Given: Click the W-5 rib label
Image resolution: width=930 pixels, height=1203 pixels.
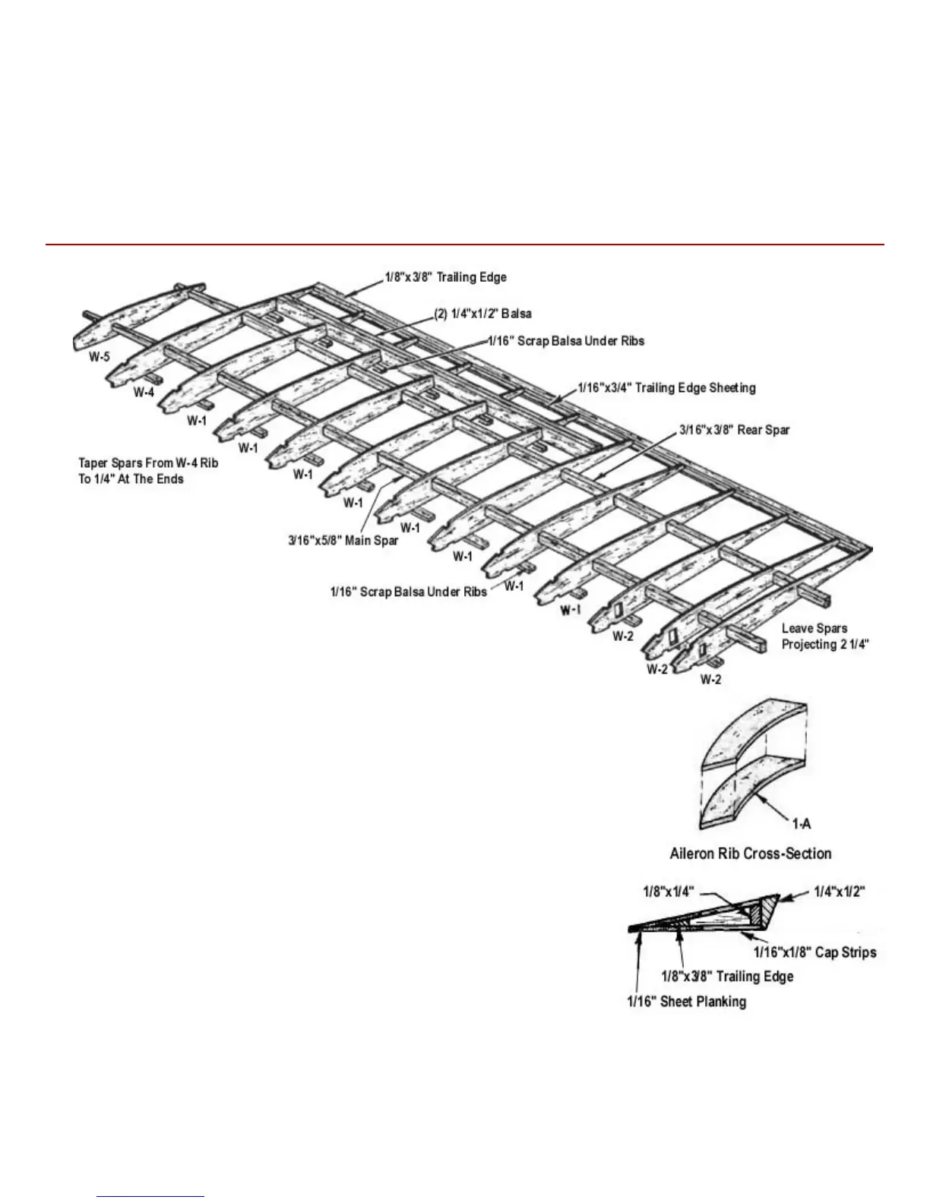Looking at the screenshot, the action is click(x=99, y=356).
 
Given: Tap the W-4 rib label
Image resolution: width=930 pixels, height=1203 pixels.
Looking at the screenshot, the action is click(x=144, y=392).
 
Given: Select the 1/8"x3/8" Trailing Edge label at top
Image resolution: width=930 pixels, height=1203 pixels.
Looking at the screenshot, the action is click(x=445, y=277).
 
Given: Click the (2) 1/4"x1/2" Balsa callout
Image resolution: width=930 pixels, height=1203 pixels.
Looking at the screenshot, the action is click(x=482, y=314).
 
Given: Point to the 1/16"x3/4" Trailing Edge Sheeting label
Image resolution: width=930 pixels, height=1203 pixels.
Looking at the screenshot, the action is click(x=666, y=388).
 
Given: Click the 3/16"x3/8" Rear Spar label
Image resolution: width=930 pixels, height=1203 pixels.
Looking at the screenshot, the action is click(x=734, y=430).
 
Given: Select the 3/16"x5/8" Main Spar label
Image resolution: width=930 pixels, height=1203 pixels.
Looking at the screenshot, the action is click(x=343, y=541).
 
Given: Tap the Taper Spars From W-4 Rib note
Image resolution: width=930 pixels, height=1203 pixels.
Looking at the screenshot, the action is click(x=147, y=471).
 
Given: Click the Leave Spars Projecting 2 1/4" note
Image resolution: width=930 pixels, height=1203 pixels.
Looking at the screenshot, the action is click(x=825, y=636).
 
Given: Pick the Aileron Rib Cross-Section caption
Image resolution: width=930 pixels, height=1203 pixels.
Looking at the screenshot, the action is click(x=751, y=854).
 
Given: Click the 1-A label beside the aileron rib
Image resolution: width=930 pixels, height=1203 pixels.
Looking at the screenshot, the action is click(x=802, y=824).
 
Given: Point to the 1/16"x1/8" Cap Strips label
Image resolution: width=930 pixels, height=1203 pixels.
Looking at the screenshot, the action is click(x=815, y=952).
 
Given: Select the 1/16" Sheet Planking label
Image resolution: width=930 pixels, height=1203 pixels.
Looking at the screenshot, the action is click(x=686, y=1002).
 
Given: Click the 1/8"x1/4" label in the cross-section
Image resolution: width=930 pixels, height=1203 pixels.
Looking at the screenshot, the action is click(x=669, y=892).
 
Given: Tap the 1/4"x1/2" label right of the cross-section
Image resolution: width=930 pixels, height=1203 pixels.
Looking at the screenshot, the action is click(x=840, y=892).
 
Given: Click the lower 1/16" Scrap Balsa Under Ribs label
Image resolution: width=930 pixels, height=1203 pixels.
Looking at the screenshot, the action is click(x=408, y=592).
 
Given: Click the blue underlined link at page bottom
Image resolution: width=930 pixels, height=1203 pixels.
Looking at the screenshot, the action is click(x=150, y=1197).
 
